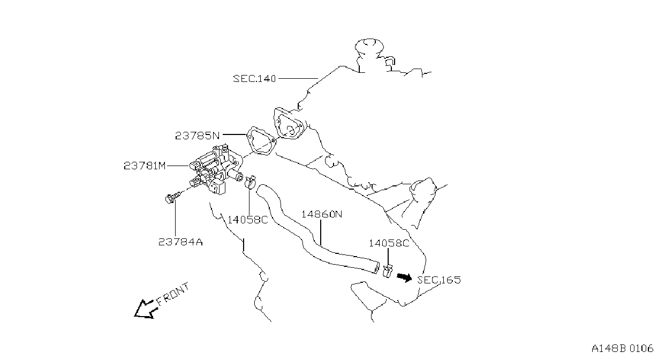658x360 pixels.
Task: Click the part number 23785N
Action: pyautogui.click(x=198, y=136)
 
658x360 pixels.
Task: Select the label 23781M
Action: pyautogui.click(x=145, y=166)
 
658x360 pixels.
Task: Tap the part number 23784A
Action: pyautogui.click(x=180, y=242)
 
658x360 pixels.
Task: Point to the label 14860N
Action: pyautogui.click(x=322, y=214)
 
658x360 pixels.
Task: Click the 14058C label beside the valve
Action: pyautogui.click(x=248, y=220)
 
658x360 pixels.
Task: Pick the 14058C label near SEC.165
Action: pyautogui.click(x=389, y=243)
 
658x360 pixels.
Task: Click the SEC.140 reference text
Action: pyautogui.click(x=254, y=79)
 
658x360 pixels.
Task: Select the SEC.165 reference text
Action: pyautogui.click(x=439, y=280)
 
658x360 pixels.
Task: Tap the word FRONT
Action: pyautogui.click(x=173, y=294)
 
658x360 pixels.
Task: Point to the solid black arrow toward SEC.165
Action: pyautogui.click(x=405, y=277)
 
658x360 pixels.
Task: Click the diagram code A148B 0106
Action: pyautogui.click(x=622, y=349)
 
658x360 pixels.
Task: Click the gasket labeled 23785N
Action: pyautogui.click(x=261, y=141)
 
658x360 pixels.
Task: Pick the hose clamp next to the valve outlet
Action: pyautogui.click(x=250, y=182)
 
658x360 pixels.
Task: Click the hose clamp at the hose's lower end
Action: pyautogui.click(x=388, y=271)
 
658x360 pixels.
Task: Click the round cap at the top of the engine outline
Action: pyautogui.click(x=369, y=47)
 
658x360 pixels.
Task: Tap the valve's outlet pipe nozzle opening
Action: pyautogui.click(x=239, y=177)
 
